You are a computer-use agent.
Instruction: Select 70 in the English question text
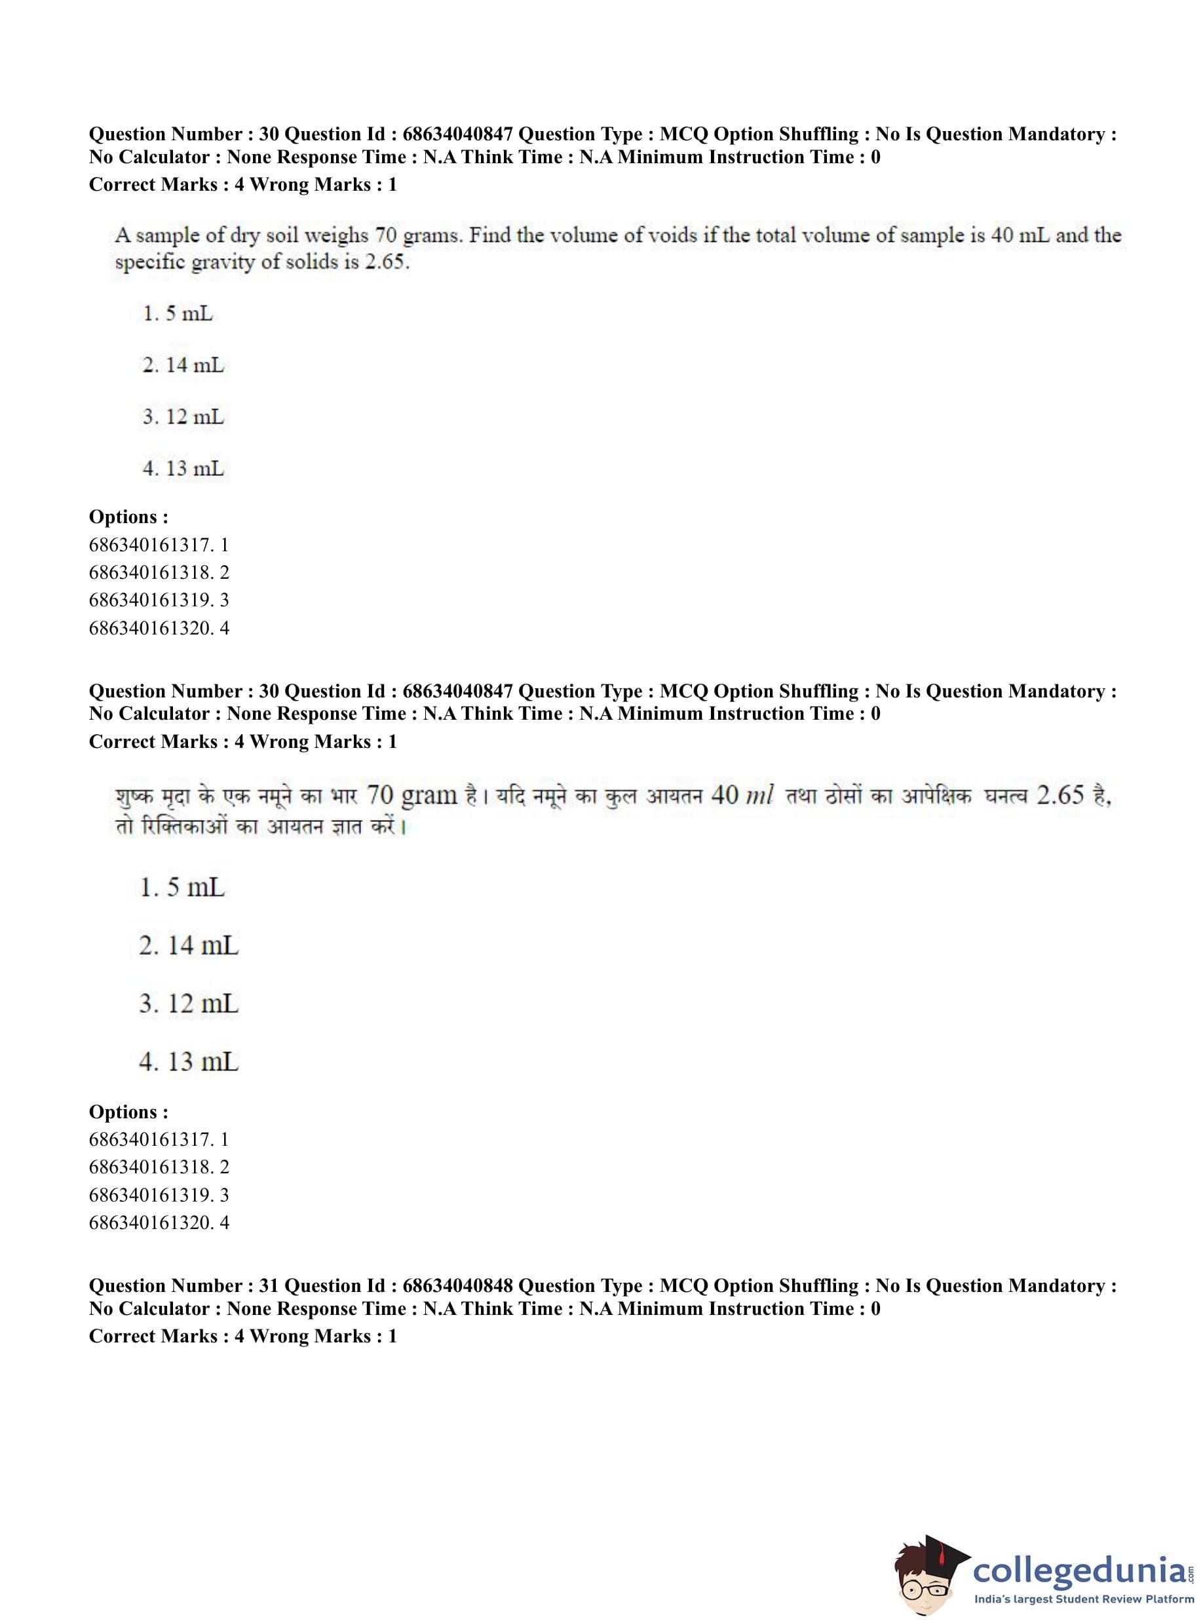click(x=386, y=235)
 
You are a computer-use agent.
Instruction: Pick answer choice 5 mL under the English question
click(x=178, y=314)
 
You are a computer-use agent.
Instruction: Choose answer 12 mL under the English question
click(x=183, y=418)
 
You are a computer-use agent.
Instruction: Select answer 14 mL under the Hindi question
click(x=189, y=945)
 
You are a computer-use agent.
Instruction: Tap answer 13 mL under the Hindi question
click(x=189, y=1062)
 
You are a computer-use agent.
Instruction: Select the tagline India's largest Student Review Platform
click(x=1084, y=1599)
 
